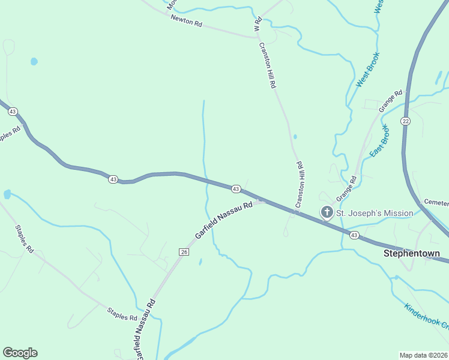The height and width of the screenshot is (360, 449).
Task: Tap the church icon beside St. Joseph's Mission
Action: [x=327, y=212]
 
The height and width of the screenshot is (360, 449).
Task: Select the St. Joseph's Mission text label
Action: [x=374, y=213]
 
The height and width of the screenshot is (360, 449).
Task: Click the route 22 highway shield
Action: [x=406, y=121]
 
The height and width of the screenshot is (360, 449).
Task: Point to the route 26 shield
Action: [x=184, y=252]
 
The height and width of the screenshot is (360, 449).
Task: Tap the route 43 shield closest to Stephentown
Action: [x=354, y=235]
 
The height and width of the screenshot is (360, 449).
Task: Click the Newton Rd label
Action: [x=187, y=22]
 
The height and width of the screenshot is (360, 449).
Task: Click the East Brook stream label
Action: [x=379, y=142]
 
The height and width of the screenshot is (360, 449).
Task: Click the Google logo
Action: [x=20, y=353]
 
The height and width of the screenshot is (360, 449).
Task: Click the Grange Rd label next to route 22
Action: [x=390, y=101]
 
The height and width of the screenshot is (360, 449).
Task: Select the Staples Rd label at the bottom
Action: [x=122, y=313]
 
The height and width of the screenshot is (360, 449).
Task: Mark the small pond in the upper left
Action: [x=34, y=61]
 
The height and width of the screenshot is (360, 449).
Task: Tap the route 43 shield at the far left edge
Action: [x=13, y=111]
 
